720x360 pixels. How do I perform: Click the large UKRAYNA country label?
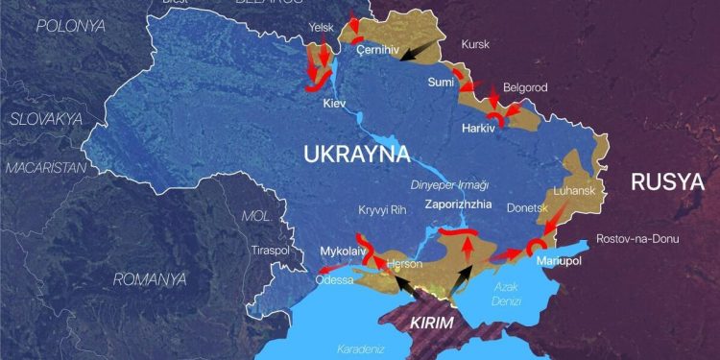356,155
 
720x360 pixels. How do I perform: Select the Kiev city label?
335,102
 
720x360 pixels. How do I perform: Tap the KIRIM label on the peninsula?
430,323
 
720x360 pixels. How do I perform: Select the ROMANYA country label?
149,279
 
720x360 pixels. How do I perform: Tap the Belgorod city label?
524,87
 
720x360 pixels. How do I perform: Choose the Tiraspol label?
269,251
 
